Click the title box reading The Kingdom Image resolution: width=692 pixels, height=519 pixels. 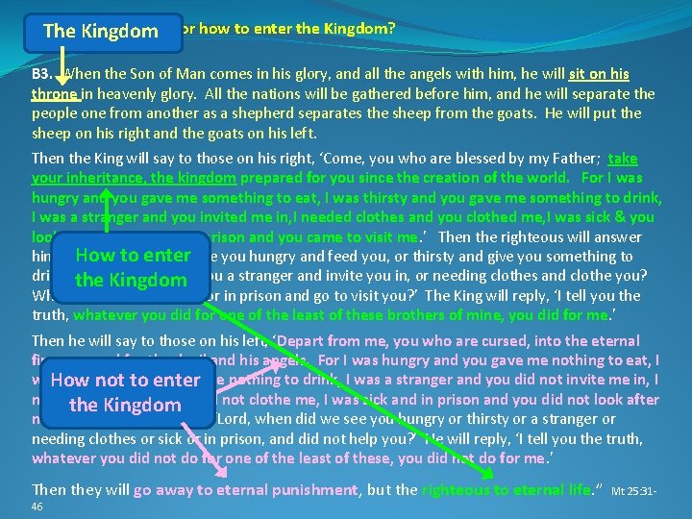[100, 31]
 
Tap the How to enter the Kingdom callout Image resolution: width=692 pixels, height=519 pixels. [133, 267]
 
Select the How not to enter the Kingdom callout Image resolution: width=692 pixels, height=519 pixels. [126, 392]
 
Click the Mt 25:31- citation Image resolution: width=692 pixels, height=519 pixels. [633, 490]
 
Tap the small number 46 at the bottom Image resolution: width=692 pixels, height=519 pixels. [37, 507]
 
